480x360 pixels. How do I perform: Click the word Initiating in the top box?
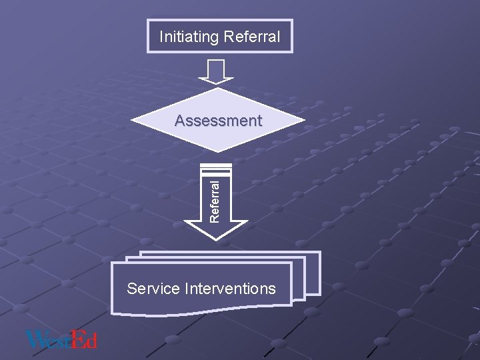[x=189, y=37]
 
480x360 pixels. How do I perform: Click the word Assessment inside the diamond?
[x=218, y=121]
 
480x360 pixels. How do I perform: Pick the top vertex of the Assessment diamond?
[x=218, y=88]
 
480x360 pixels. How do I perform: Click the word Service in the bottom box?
[x=153, y=289]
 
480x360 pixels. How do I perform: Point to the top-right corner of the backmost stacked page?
[x=319, y=252]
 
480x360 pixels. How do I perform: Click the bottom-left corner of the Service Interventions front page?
[x=112, y=313]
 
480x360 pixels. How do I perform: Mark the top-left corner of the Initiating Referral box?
[x=148, y=20]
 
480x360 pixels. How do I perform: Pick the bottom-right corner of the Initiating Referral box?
[x=292, y=52]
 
